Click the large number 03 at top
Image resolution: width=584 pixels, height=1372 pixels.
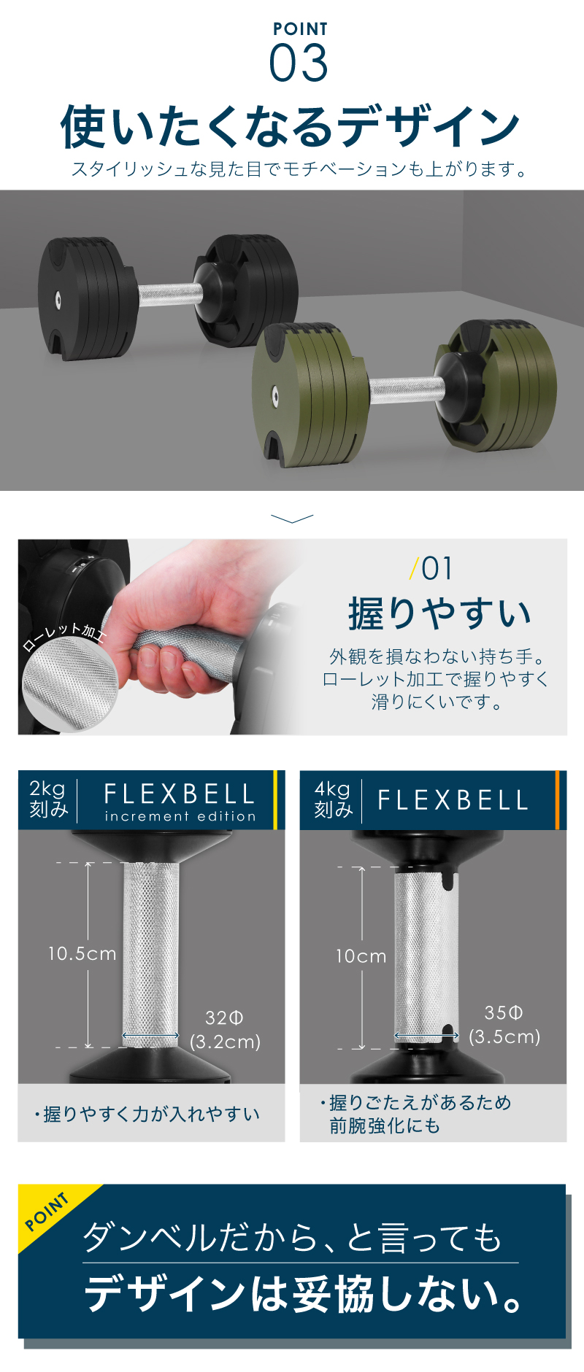click(299, 63)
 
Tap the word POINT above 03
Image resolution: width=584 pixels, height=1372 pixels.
click(300, 29)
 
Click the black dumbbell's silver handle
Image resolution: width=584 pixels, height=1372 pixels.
click(170, 295)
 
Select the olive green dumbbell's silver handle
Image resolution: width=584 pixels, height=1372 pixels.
click(406, 390)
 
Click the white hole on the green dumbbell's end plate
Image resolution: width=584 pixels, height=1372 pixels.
click(275, 396)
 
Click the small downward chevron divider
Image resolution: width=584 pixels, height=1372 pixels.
click(292, 519)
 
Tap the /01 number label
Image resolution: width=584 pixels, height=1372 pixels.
click(432, 569)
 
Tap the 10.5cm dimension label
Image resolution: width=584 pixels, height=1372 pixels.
click(82, 954)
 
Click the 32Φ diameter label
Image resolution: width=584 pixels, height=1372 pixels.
click(224, 1018)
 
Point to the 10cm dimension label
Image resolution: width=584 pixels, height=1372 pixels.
click(361, 956)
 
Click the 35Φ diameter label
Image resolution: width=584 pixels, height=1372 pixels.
click(504, 1012)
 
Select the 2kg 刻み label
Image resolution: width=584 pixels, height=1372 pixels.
click(48, 799)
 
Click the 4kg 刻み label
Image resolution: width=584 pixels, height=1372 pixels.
click(333, 799)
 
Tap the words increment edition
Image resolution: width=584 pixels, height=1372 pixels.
click(180, 816)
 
